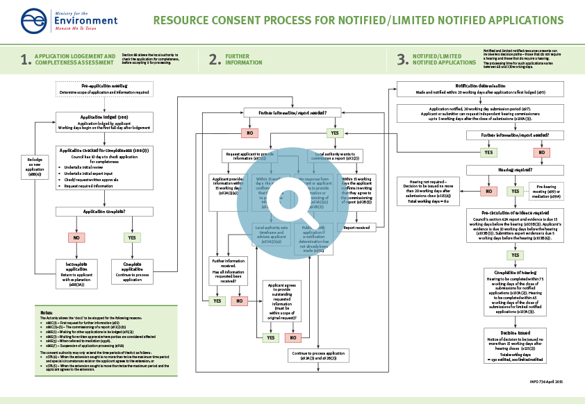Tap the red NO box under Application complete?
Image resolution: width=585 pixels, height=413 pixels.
coord(76,237)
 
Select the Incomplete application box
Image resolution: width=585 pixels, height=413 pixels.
coord(76,272)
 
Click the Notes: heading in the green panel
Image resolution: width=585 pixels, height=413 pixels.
coord(47,313)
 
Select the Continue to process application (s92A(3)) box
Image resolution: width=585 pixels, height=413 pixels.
coord(318,355)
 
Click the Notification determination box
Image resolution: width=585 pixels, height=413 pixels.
coord(475,89)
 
